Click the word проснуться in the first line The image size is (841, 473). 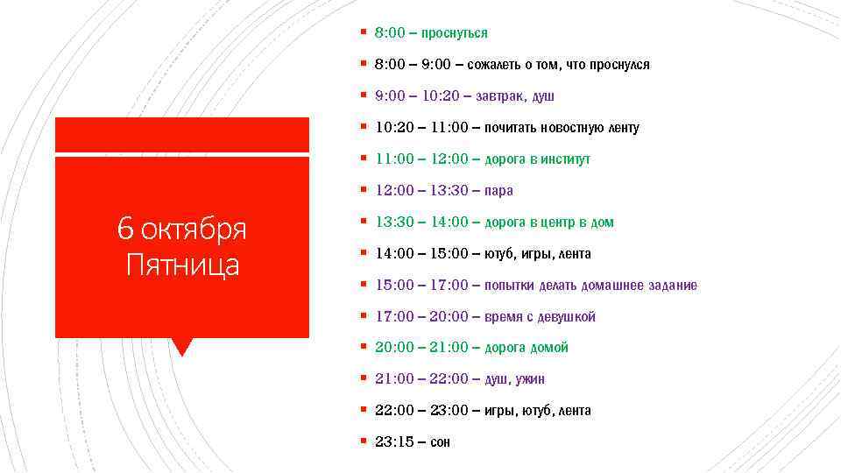(454, 33)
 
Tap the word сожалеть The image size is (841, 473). (494, 65)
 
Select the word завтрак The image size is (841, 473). (501, 96)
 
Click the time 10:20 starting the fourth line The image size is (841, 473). (394, 128)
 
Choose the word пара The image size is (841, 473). (498, 191)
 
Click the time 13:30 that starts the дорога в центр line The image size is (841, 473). (394, 222)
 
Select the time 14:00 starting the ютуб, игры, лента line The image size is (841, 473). (394, 254)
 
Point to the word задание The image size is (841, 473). (674, 286)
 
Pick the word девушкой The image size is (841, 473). (569, 317)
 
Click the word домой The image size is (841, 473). (548, 348)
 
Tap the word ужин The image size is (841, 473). (529, 379)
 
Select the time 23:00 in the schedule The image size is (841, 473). (449, 411)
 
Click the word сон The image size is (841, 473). (440, 442)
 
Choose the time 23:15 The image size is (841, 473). (394, 442)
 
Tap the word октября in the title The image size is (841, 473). (194, 229)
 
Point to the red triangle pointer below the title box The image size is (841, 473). (182, 347)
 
